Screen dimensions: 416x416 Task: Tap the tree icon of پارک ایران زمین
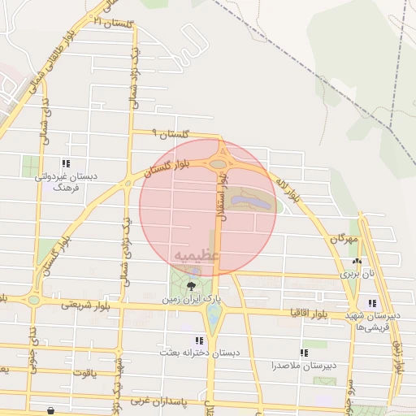[193, 285]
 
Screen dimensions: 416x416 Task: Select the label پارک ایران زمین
[190, 299]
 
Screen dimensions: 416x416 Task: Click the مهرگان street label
[344, 240]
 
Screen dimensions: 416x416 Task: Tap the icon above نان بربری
[357, 261]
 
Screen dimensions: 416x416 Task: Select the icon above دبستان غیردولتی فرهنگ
[65, 162]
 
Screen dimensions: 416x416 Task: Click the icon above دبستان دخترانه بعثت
[199, 340]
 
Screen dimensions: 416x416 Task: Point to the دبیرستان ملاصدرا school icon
[304, 353]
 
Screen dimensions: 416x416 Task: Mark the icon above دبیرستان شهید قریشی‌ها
[372, 303]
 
